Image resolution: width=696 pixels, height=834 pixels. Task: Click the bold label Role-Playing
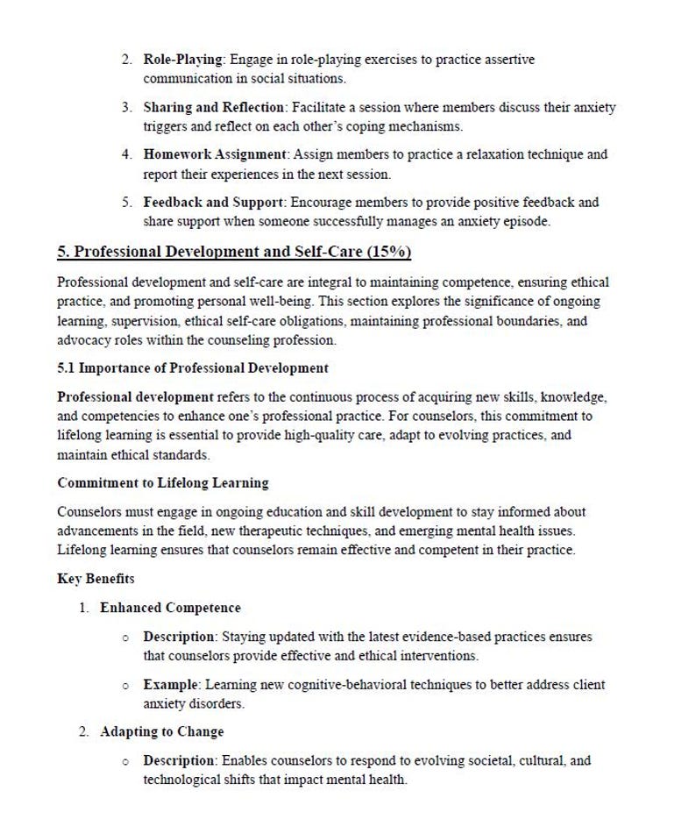point(183,60)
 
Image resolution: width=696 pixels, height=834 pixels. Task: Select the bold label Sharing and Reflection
point(214,107)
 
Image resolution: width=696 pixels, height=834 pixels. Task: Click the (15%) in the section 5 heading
point(389,253)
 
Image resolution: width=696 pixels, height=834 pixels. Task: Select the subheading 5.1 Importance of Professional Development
point(193,368)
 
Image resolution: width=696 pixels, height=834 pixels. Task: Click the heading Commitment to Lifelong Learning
point(163,483)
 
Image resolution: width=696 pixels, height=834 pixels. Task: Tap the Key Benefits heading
point(96,579)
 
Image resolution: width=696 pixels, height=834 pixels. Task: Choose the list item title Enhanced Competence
point(170,608)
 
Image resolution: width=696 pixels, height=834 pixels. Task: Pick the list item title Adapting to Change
point(162,731)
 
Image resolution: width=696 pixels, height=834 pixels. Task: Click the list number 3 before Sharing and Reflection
point(127,107)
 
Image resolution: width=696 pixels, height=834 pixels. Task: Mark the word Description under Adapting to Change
point(179,760)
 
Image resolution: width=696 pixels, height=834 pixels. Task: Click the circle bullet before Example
point(126,685)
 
